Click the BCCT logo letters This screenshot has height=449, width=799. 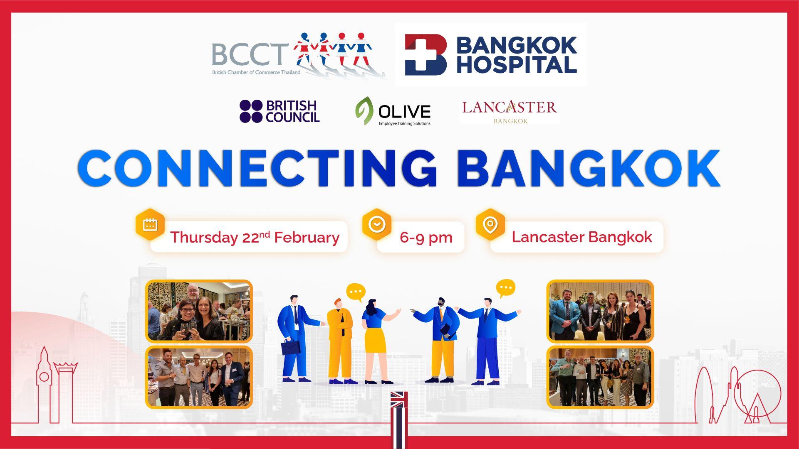[250, 54]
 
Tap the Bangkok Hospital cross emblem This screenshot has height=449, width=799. [425, 54]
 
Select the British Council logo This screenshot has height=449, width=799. [280, 111]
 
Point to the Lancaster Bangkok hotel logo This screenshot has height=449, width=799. [509, 111]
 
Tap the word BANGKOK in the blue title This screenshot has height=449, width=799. [588, 168]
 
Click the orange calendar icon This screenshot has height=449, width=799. [150, 224]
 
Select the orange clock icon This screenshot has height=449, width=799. [377, 224]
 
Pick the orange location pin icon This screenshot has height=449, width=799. [490, 224]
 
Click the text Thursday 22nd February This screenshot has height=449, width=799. [255, 237]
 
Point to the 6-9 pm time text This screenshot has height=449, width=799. [426, 237]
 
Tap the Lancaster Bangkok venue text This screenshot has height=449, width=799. [581, 237]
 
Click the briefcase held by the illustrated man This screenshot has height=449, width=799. [291, 347]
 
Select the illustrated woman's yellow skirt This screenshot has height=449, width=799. [375, 340]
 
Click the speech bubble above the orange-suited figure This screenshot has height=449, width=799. [356, 292]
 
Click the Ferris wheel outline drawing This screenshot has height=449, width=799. [757, 395]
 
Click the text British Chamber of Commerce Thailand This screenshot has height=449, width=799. [256, 72]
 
